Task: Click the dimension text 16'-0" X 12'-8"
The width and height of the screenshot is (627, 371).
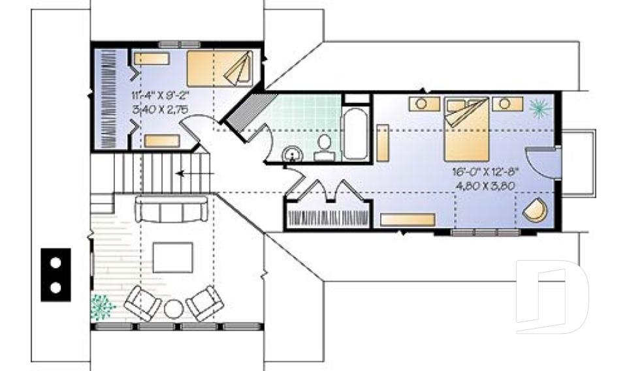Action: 485,172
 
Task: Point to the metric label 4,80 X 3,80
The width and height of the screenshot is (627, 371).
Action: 485,186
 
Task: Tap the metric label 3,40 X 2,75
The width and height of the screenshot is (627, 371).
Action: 160,110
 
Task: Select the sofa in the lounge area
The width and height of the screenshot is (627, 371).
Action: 172,208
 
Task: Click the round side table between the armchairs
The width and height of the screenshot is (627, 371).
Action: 174,308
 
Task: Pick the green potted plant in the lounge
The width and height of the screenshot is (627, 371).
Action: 103,306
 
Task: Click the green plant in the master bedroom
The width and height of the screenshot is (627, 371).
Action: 540,108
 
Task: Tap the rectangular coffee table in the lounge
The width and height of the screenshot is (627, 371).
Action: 172,258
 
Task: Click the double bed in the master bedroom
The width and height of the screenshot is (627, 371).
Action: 467,129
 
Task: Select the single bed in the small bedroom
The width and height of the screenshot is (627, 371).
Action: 220,68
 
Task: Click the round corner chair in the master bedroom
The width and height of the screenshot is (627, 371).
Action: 536,209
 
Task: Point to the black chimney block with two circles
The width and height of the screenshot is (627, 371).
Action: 56,275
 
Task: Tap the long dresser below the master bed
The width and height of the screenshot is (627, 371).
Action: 408,220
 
